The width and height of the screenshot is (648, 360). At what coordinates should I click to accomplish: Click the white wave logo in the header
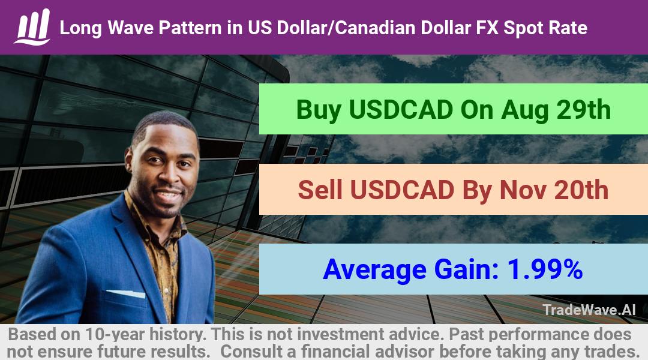point(32,27)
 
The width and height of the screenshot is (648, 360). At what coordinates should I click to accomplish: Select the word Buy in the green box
point(319,110)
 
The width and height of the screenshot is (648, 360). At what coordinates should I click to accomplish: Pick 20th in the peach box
point(581,190)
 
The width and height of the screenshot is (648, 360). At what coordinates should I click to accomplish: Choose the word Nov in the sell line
point(523,190)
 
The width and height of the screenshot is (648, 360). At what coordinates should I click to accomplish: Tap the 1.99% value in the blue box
point(545,269)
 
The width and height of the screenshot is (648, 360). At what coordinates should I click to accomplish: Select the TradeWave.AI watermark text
point(589,310)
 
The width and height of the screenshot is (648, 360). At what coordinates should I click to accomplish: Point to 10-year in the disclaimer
point(116,334)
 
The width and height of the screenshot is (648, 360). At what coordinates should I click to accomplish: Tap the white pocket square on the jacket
point(125,293)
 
